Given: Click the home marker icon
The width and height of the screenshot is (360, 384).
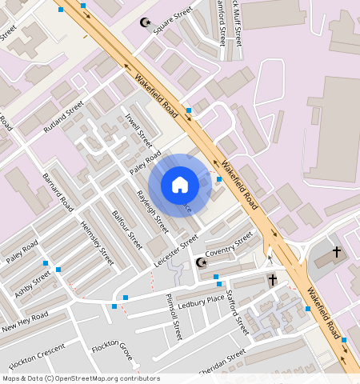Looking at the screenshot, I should [180, 185].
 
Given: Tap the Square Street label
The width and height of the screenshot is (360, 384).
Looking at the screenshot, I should [174, 20].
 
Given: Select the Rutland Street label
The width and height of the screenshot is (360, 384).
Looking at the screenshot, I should [64, 116].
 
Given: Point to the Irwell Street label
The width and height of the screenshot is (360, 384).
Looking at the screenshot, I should [138, 130].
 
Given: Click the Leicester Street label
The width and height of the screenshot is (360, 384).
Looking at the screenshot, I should [177, 248].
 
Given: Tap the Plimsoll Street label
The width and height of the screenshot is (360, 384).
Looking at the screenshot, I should [171, 314].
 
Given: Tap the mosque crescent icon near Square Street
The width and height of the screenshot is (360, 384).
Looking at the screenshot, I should [145, 22].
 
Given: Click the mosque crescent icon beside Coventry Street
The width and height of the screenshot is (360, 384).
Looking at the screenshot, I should [201, 262].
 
